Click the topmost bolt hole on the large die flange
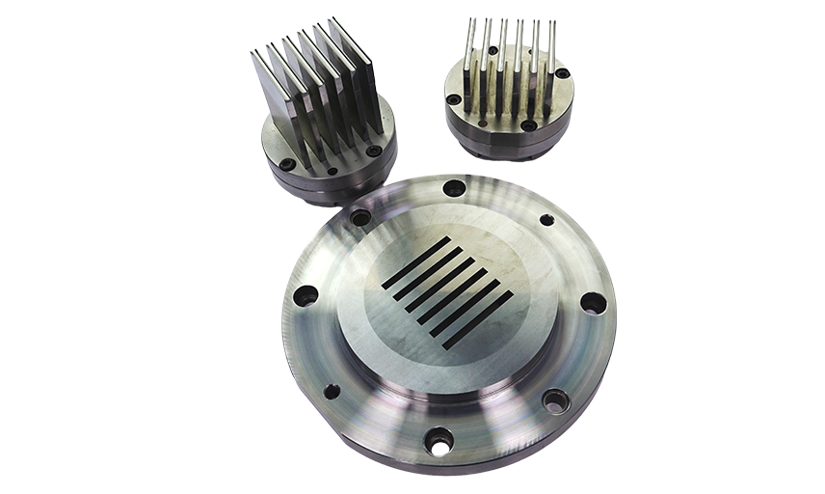pos(454,187)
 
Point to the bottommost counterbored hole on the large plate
pos(439,441)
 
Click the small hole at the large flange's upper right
pos(546,220)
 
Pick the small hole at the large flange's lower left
pos(332,392)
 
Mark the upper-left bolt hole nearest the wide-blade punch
pos(360,219)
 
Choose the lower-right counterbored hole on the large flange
pos(556,398)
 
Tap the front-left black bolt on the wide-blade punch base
pos(285,162)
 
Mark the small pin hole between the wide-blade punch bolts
pos(332,171)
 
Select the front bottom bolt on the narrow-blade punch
pos(528,126)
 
